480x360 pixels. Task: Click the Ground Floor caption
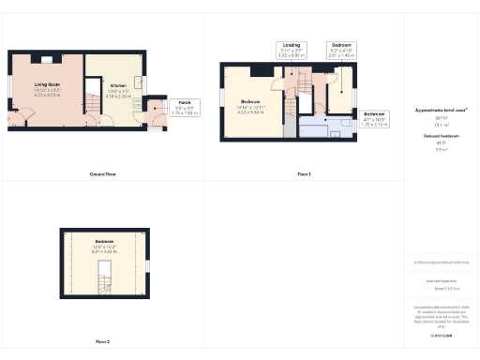[103, 174]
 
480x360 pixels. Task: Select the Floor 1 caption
[304, 174]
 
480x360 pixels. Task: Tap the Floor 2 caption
[102, 340]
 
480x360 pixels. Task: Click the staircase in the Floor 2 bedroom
[104, 276]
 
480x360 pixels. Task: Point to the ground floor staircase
[94, 97]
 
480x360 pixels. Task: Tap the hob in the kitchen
[138, 102]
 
